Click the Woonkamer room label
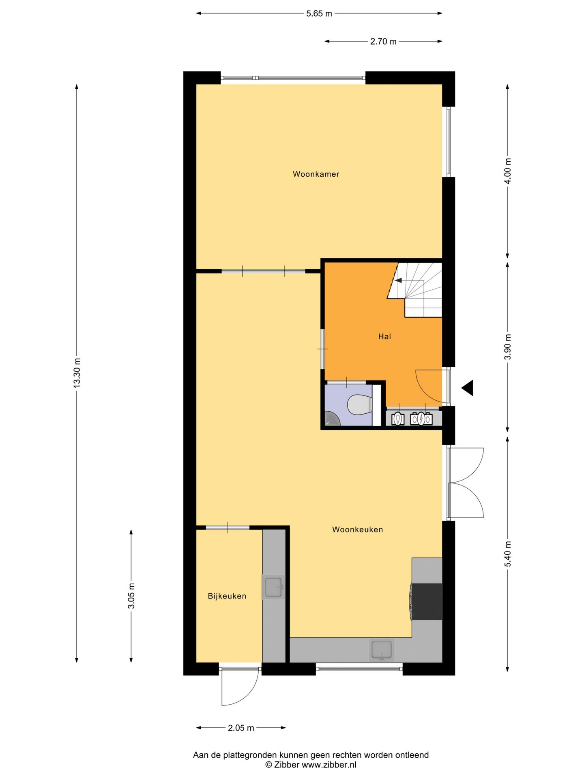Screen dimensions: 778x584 tap(316, 174)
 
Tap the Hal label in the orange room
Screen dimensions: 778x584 tap(384, 336)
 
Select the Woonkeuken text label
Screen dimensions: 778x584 tap(357, 530)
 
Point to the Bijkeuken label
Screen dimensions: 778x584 tap(227, 596)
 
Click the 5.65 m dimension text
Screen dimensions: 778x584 tap(319, 14)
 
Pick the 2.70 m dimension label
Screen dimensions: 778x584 tap(383, 41)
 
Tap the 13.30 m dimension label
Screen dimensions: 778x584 tap(77, 373)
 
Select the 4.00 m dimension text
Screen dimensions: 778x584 tap(508, 171)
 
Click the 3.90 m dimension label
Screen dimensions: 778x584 tap(508, 347)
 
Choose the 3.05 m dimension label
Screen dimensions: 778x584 tap(131, 595)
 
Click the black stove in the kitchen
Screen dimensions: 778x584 tap(427, 602)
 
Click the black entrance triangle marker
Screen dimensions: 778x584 tap(468, 388)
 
